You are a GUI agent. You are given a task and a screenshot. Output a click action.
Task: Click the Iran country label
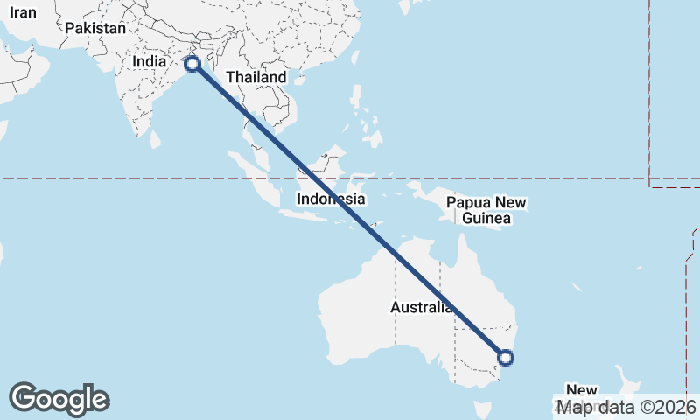tap(23, 12)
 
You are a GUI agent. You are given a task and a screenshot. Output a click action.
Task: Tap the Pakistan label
tap(95, 28)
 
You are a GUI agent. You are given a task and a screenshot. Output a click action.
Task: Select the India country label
tap(149, 62)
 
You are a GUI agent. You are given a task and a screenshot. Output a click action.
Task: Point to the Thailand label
tap(256, 77)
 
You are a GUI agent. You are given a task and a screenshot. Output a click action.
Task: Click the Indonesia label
tap(330, 199)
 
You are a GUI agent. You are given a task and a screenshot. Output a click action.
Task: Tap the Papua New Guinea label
tap(486, 210)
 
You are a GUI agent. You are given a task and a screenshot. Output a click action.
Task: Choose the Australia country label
tap(422, 308)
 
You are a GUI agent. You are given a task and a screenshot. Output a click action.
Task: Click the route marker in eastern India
tap(192, 64)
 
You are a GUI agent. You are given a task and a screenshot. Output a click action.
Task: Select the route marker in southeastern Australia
tap(505, 356)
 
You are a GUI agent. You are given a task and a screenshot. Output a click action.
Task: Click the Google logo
tap(59, 399)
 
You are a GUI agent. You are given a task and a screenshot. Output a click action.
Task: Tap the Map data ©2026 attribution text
tap(627, 407)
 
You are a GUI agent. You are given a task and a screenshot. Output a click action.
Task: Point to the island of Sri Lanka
tap(156, 139)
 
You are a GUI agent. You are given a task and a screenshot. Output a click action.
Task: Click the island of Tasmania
tap(480, 409)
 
